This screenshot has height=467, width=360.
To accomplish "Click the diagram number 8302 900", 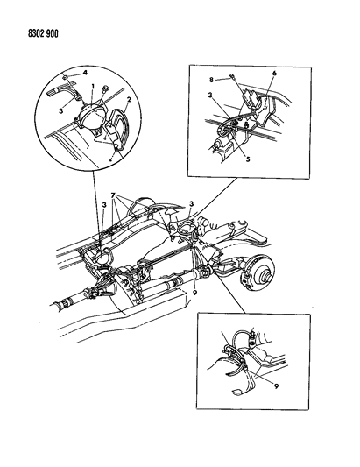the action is [43, 33].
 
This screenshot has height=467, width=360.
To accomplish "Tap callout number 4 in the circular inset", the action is [85, 73].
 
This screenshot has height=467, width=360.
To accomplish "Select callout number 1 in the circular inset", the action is [93, 87].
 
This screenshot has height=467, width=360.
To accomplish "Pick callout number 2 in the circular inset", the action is [129, 100].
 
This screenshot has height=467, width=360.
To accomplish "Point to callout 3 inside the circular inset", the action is [61, 111].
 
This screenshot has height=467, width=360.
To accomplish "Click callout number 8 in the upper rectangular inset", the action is [211, 80].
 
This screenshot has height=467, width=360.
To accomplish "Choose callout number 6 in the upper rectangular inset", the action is [274, 73].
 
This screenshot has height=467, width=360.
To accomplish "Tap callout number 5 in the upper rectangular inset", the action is [248, 159].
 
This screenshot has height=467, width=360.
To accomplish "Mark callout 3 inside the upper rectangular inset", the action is [210, 96].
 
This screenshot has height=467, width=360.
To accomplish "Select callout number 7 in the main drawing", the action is [113, 195].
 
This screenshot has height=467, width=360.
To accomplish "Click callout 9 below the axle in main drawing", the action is [195, 293].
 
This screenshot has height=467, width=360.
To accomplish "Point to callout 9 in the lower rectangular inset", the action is [276, 386].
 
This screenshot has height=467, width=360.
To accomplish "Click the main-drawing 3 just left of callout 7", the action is [104, 205].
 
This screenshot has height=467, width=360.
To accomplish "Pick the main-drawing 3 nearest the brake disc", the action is [192, 204].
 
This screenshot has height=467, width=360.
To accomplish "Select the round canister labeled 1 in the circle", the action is [90, 118].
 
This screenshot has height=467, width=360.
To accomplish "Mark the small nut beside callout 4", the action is [65, 78].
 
